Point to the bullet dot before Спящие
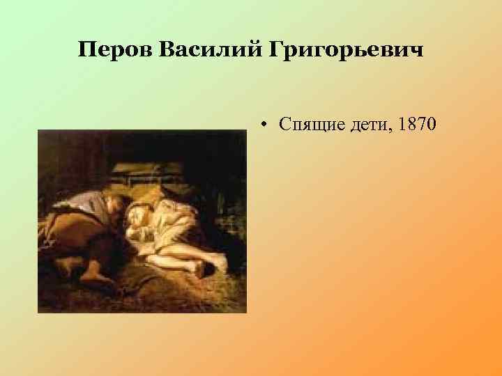tap(267, 125)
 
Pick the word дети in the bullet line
tap(367, 125)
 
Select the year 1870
tap(416, 125)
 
